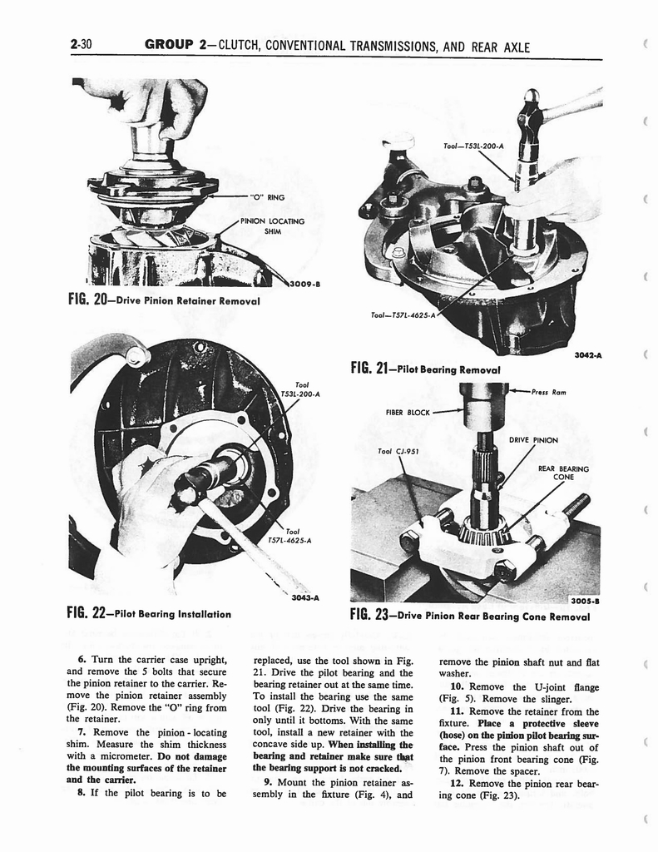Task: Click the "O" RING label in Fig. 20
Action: [x=265, y=197]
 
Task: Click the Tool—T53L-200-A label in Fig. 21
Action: [x=474, y=146]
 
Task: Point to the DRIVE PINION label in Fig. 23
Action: [x=533, y=439]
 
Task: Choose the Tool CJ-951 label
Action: [x=397, y=452]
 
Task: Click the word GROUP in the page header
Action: [x=171, y=46]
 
